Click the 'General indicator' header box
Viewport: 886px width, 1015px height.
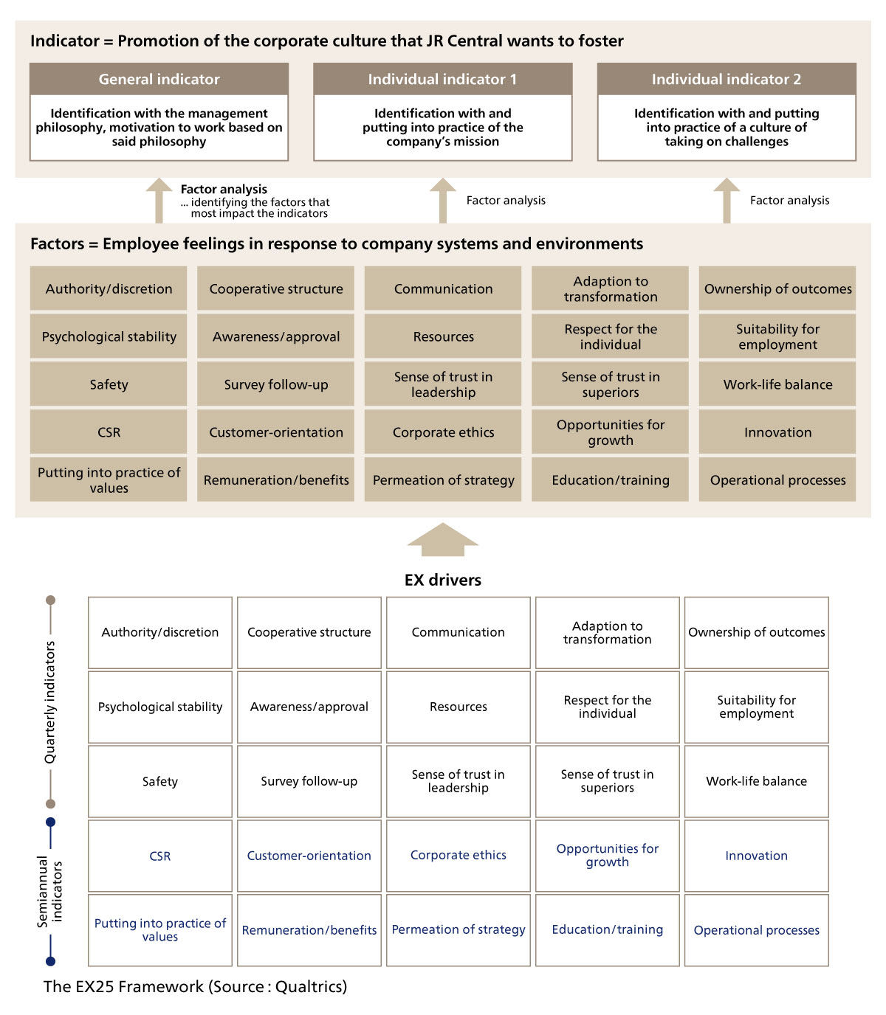click(159, 79)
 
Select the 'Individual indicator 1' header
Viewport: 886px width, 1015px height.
click(443, 79)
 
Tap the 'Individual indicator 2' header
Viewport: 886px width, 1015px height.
click(727, 79)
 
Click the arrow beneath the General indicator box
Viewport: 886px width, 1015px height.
click(159, 201)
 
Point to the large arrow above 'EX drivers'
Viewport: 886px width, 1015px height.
click(443, 539)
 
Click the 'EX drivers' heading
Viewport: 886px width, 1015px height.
click(443, 580)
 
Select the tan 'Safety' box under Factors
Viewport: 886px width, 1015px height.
click(109, 384)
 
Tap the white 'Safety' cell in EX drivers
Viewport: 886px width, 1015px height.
click(159, 781)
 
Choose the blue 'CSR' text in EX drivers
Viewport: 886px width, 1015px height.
click(159, 856)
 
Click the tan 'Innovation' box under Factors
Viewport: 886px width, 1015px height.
click(777, 432)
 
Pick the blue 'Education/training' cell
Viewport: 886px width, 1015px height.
click(608, 930)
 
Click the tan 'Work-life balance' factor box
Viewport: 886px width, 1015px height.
click(777, 384)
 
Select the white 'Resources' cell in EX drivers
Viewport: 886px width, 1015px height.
click(459, 707)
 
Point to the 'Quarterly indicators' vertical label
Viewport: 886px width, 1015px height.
click(50, 702)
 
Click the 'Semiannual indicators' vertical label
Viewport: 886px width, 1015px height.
click(50, 892)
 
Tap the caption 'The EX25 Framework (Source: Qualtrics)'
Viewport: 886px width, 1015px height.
click(195, 987)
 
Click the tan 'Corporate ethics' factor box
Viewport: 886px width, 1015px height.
click(443, 432)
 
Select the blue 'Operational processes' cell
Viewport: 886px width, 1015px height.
click(757, 930)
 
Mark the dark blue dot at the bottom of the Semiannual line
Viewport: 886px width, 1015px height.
click(50, 961)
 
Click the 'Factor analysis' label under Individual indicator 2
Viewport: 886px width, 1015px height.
click(789, 201)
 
